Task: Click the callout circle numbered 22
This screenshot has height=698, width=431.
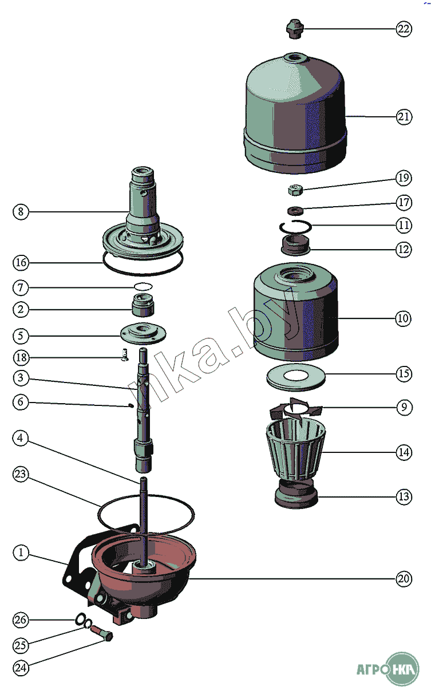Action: (x=404, y=29)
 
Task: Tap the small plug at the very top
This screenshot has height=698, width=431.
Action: (x=294, y=28)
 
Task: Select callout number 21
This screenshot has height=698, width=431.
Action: (x=404, y=117)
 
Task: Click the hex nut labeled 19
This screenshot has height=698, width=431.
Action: (x=295, y=188)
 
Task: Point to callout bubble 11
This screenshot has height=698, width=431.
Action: (x=404, y=226)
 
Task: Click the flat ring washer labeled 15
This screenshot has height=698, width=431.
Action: (x=295, y=376)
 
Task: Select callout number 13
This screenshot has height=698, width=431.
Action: (x=404, y=497)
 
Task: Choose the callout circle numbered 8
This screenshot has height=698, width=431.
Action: (x=21, y=212)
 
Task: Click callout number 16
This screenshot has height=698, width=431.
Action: (x=21, y=263)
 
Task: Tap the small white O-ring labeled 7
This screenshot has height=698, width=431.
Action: (x=144, y=286)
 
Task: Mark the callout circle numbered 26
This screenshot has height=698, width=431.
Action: (x=21, y=620)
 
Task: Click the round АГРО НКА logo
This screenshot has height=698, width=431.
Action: (x=402, y=669)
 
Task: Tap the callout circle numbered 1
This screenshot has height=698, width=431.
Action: (x=21, y=553)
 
